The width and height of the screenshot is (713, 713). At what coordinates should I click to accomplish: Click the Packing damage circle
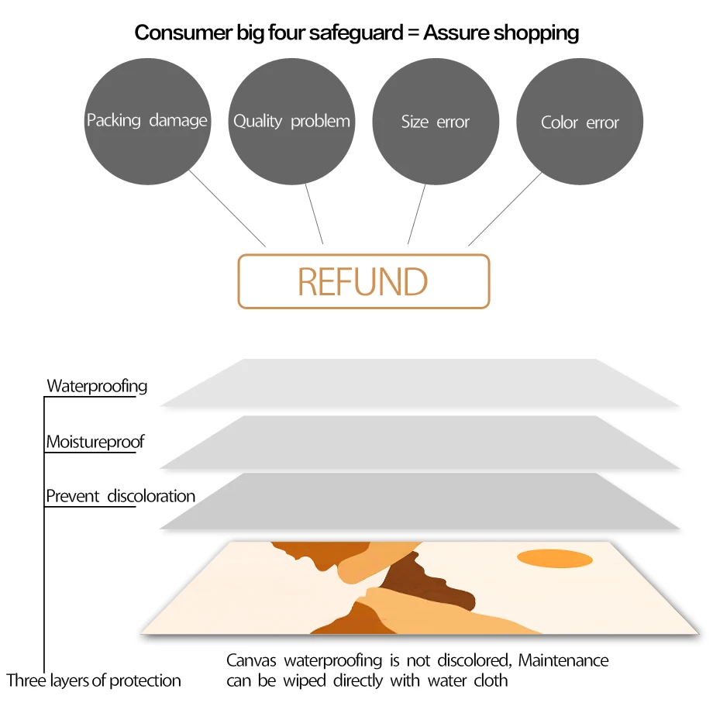(147, 121)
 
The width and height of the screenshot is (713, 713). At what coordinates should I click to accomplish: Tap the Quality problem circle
(291, 121)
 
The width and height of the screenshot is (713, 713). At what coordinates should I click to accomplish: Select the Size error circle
(436, 122)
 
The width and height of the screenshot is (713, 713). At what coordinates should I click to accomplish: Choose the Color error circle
(580, 122)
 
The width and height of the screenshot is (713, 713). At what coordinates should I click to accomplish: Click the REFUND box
(363, 281)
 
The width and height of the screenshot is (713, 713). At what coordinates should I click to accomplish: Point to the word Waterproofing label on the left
(97, 386)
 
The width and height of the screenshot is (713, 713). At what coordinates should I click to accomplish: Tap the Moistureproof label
(95, 443)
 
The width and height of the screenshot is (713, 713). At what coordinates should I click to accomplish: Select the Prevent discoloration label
(120, 496)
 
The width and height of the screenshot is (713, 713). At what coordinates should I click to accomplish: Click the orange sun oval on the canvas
(555, 558)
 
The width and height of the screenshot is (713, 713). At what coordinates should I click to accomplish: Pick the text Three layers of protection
(94, 681)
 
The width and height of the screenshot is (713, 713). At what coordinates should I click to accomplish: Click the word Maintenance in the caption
(563, 661)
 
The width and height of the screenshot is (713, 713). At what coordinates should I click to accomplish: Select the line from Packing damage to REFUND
(227, 208)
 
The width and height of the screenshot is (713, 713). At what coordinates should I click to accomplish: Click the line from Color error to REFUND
(505, 208)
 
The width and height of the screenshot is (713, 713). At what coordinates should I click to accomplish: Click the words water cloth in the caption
(474, 681)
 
